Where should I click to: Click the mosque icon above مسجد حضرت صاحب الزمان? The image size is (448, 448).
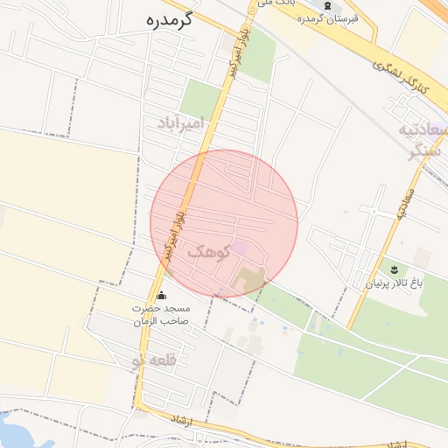click(x=159, y=297)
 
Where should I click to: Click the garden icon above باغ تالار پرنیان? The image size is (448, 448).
click(x=392, y=266)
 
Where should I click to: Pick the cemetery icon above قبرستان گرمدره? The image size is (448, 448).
click(x=327, y=5)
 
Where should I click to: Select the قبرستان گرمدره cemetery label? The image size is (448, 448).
click(x=326, y=18)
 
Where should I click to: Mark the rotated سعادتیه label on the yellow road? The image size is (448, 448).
click(x=403, y=201)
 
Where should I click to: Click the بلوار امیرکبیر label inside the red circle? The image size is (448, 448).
click(x=164, y=234)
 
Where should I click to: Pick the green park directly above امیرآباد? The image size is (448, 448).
click(x=200, y=99)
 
